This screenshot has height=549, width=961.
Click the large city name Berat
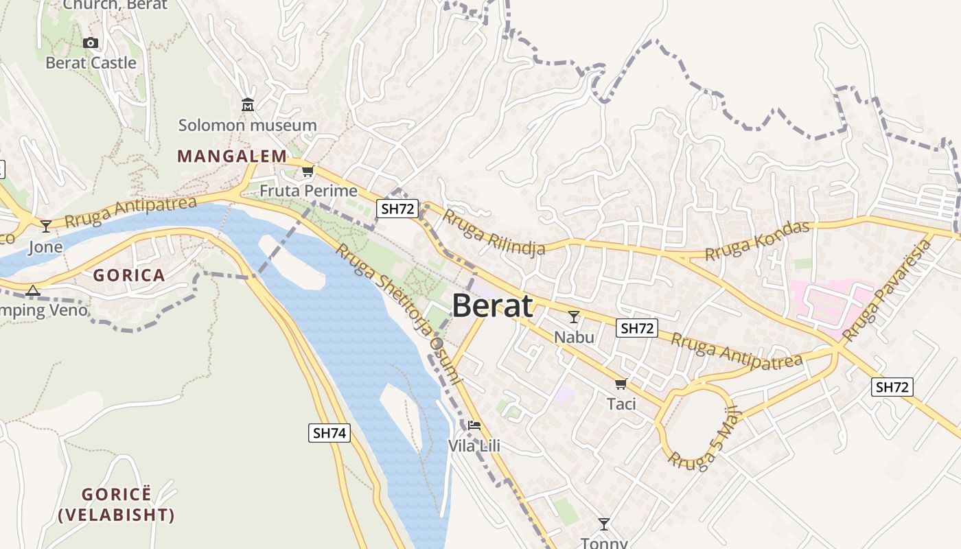point(492,306)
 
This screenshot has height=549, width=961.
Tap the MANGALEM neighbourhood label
point(232,156)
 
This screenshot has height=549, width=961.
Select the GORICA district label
point(129,276)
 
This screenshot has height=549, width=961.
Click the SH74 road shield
point(329,433)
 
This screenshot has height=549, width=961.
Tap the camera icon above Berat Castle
point(90,43)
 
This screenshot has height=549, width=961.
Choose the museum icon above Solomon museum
point(248,105)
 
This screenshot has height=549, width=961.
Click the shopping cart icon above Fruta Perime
point(308,171)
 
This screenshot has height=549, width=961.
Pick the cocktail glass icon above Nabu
point(574,317)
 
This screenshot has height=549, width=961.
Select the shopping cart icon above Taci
point(621,384)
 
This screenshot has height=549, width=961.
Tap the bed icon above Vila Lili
point(474,425)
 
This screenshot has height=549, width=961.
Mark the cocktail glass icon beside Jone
point(46,226)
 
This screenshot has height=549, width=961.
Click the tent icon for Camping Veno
point(33,291)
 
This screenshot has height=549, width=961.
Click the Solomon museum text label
point(247,126)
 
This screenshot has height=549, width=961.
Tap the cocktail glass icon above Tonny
point(604,524)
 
